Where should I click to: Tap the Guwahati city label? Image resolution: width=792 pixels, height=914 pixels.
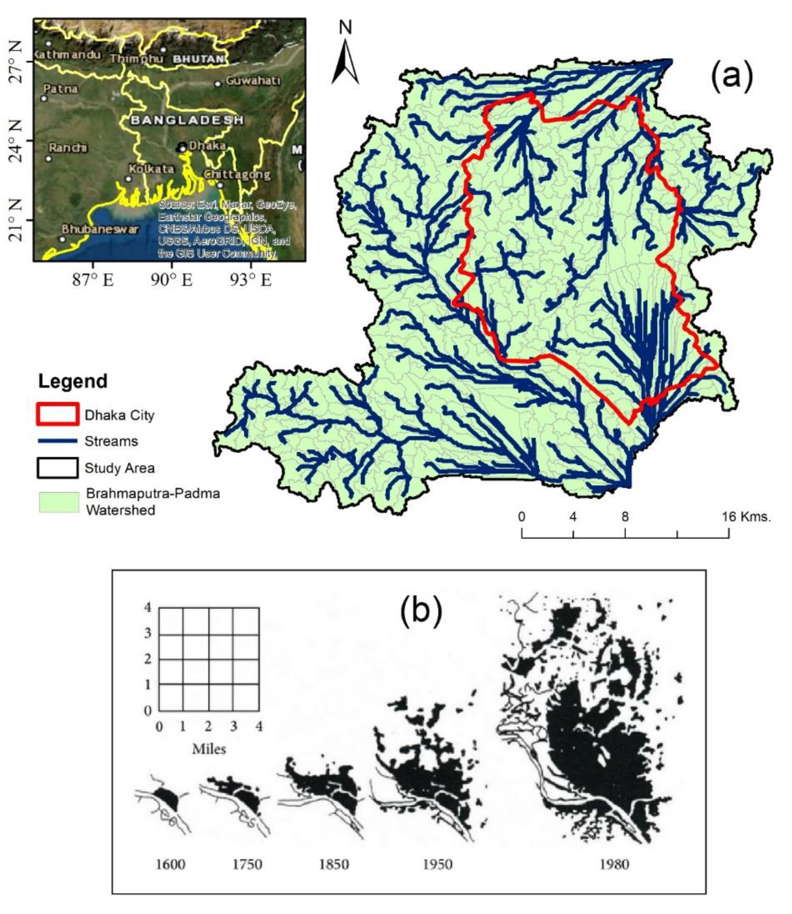coord(253,81)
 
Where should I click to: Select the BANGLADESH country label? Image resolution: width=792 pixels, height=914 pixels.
coord(187,120)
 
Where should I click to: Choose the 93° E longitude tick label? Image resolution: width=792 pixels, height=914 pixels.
coord(250,280)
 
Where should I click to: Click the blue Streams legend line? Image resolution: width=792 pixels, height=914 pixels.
coord(58,440)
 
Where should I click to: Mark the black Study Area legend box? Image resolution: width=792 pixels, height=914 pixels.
coord(58,468)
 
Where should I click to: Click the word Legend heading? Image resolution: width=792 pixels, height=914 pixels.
coord(73,381)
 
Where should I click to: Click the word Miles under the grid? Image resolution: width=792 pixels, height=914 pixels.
coord(209,749)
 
